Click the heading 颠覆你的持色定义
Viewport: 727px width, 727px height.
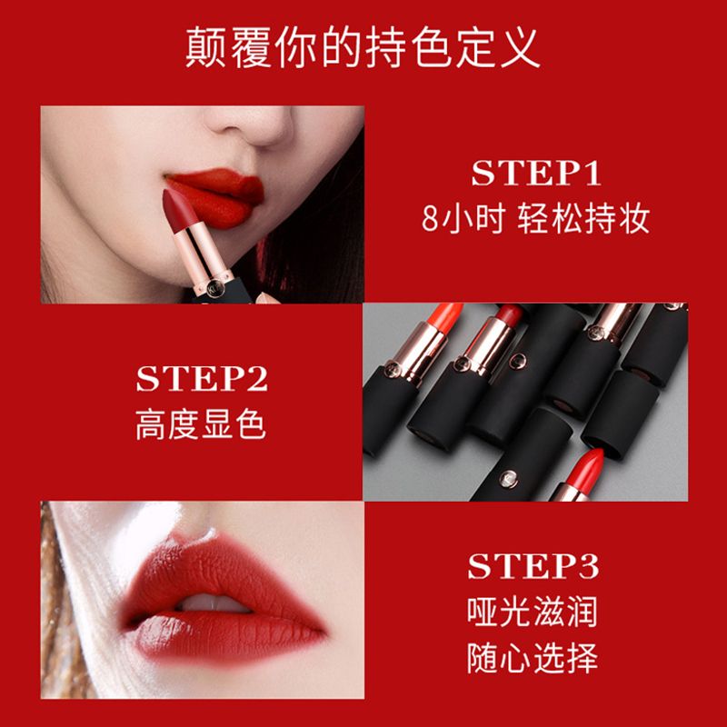point(363,47)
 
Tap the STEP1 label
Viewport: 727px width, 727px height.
point(536,174)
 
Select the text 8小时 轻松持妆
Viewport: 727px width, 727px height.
point(535,218)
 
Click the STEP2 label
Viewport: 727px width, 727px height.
point(202,378)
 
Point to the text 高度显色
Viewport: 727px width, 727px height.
point(201,424)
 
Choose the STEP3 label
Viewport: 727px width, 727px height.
point(533,566)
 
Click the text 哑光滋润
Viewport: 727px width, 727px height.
point(533,612)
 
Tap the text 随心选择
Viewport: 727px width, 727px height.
point(533,658)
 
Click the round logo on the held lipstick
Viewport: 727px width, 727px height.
point(215,288)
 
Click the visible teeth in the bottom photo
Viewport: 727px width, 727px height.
point(214,603)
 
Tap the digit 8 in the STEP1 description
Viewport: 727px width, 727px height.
point(429,219)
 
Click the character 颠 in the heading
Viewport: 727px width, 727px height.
point(206,47)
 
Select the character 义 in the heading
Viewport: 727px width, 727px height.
point(520,47)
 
